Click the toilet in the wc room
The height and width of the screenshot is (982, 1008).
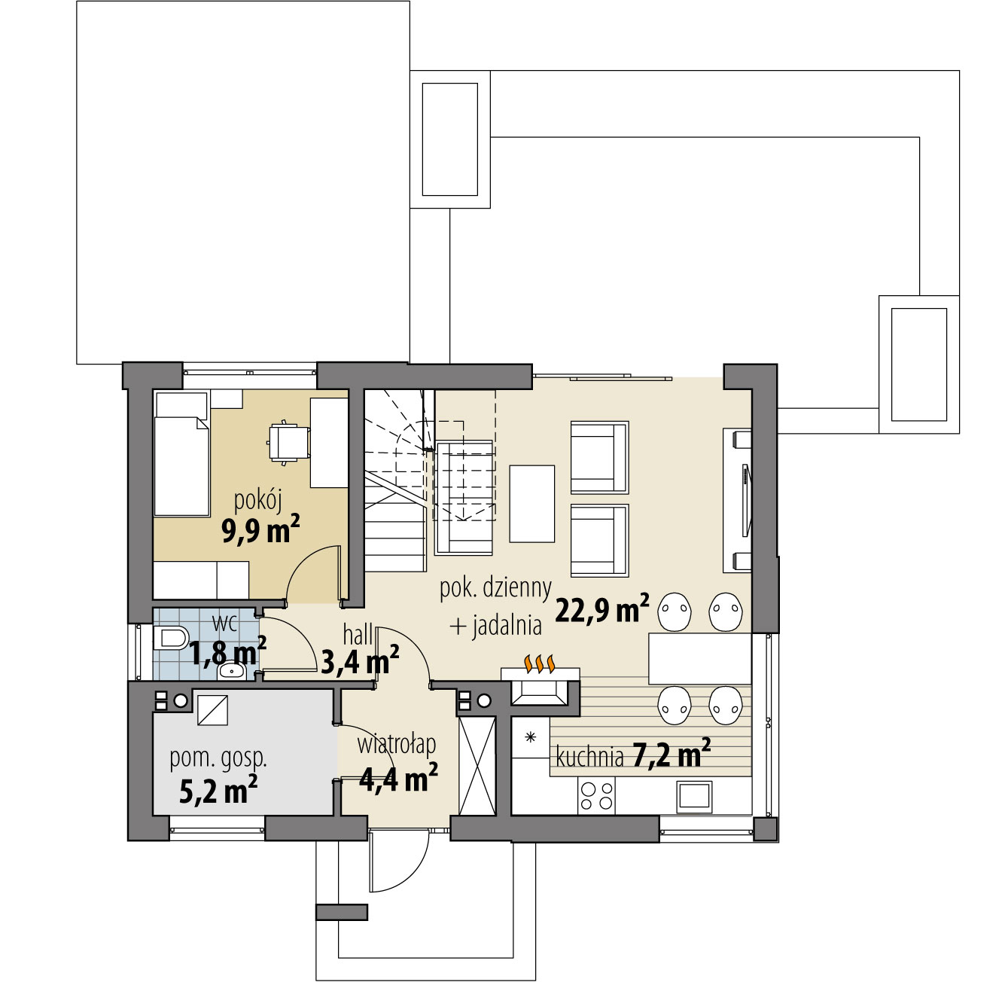(x=171, y=638)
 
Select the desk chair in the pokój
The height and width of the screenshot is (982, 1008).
(x=288, y=442)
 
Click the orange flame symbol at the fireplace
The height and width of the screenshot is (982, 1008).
(x=540, y=663)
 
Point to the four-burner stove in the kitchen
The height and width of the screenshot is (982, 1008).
(x=596, y=796)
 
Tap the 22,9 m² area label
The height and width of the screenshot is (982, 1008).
(x=602, y=608)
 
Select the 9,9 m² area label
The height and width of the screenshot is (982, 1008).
(x=260, y=529)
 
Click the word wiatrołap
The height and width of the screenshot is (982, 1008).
(x=397, y=745)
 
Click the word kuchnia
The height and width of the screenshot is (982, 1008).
(x=589, y=758)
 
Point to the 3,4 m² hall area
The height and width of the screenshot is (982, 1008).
(x=360, y=661)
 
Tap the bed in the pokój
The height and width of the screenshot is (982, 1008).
(x=181, y=454)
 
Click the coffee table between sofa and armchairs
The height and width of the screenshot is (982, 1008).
(x=532, y=504)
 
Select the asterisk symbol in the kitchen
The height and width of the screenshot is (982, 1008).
(x=531, y=737)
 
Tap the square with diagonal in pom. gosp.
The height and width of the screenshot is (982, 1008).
(x=212, y=709)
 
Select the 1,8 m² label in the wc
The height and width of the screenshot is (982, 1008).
(x=227, y=652)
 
